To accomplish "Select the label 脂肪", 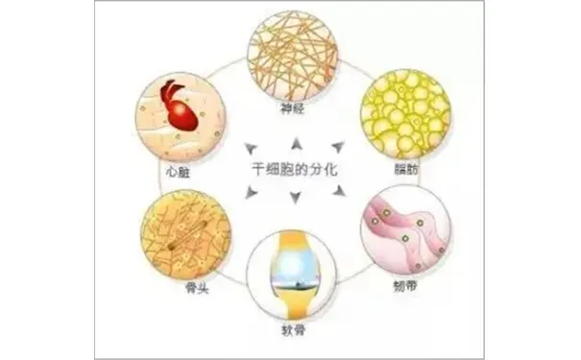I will coord(405,170).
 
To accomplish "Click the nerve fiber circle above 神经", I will coord(292,54).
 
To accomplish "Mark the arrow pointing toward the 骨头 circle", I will coord(251,193).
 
